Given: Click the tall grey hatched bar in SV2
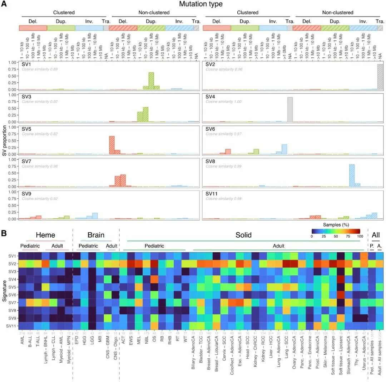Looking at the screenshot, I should pyautogui.click(x=380, y=77).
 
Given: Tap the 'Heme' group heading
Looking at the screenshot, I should pyautogui.click(x=45, y=235).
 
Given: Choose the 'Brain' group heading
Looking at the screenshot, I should pyautogui.click(x=96, y=235).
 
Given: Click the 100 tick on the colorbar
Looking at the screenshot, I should pyautogui.click(x=360, y=237).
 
